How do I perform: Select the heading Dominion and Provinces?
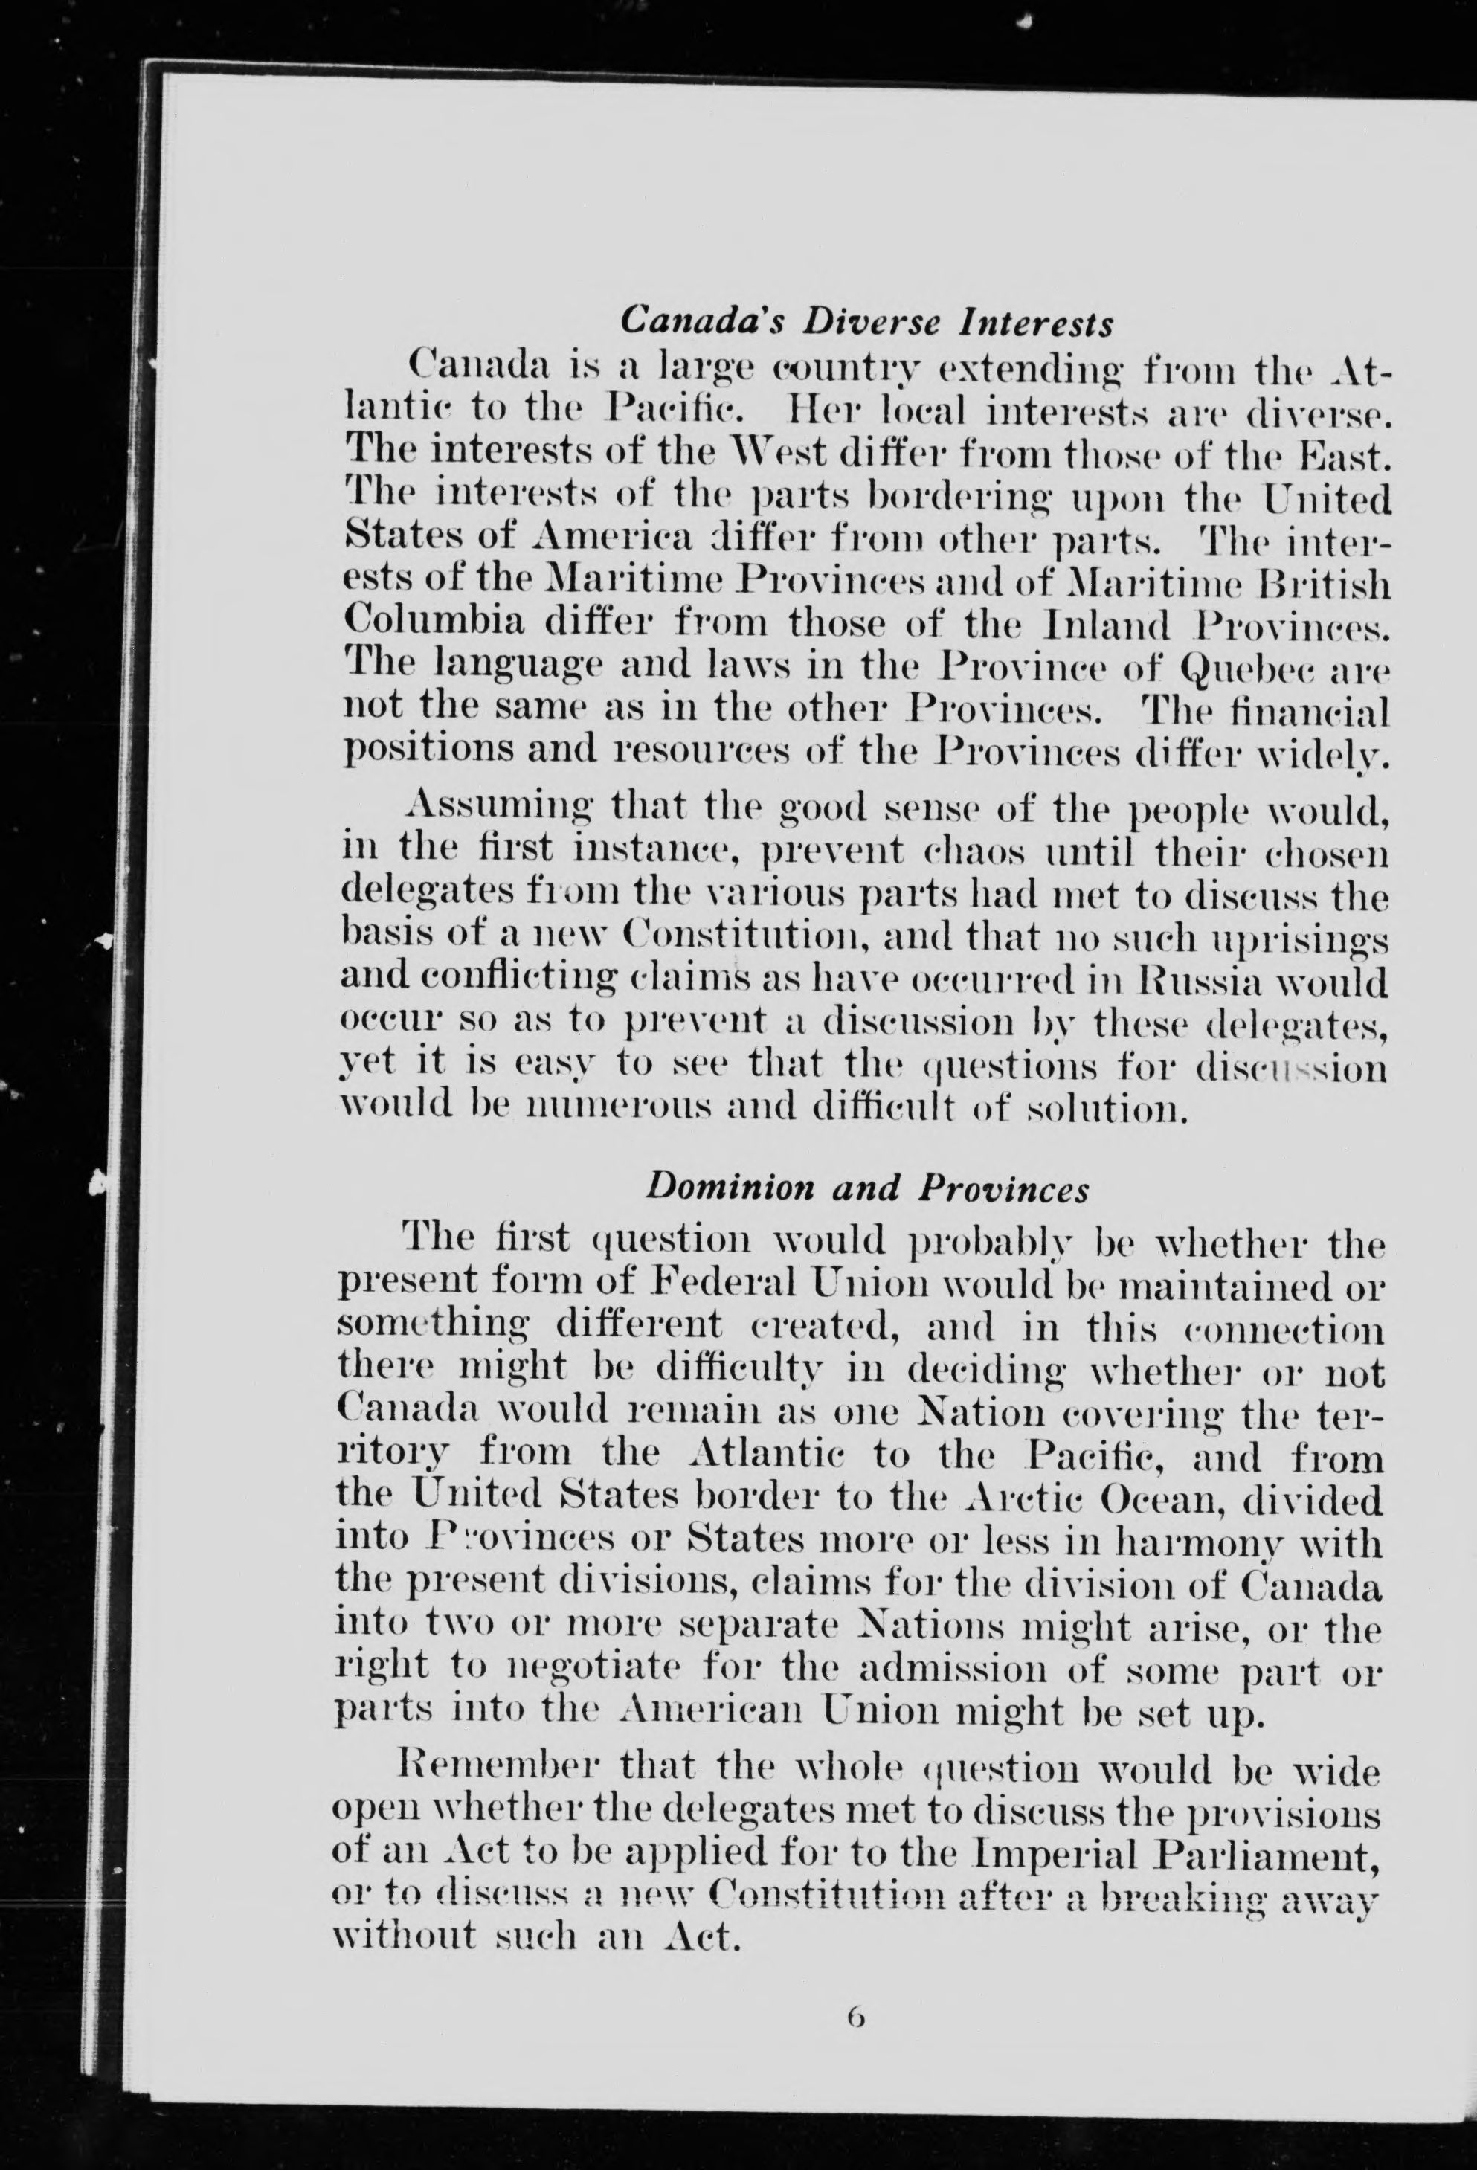coord(867,1188)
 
